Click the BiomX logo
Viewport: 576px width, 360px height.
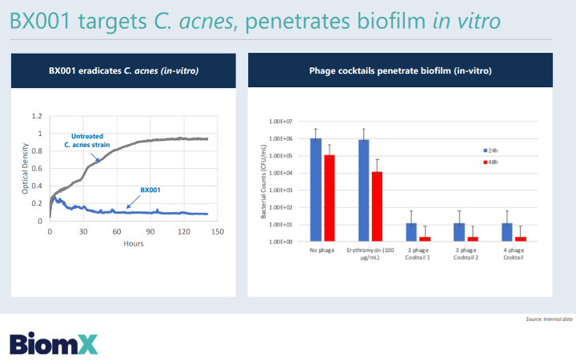pos(53,343)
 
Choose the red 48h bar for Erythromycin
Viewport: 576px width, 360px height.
pos(377,206)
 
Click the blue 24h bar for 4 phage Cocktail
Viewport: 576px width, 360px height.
pos(505,232)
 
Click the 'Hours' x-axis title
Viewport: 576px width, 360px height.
pos(133,243)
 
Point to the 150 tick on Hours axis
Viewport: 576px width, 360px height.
pos(216,232)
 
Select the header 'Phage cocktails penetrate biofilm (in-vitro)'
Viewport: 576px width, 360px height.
pos(400,71)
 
